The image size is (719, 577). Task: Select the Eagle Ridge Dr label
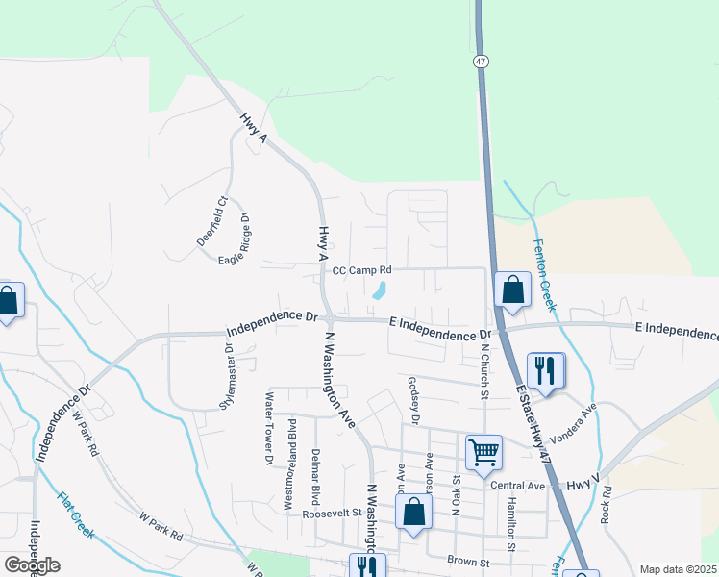coord(235,238)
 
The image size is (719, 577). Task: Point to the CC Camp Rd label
coord(363,271)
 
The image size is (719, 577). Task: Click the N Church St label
coord(485,368)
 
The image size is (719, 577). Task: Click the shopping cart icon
coord(483,450)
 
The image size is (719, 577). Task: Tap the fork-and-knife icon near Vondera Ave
coord(545,369)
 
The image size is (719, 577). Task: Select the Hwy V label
coord(583,487)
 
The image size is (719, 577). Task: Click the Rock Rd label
coord(607,504)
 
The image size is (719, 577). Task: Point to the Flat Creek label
coord(76,515)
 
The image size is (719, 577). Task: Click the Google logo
coord(32,564)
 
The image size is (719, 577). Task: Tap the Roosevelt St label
coord(331,514)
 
